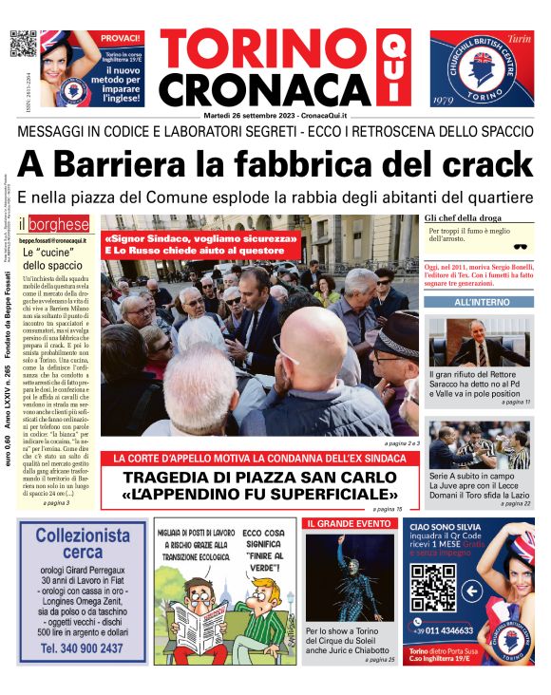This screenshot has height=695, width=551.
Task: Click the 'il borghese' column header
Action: (x=61, y=225)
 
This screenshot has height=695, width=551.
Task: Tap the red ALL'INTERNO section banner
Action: (x=480, y=302)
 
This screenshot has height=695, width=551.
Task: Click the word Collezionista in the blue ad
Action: (x=83, y=535)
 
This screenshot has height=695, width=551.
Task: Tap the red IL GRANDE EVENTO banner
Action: (x=349, y=523)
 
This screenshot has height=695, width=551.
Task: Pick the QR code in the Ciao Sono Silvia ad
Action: (x=433, y=588)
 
